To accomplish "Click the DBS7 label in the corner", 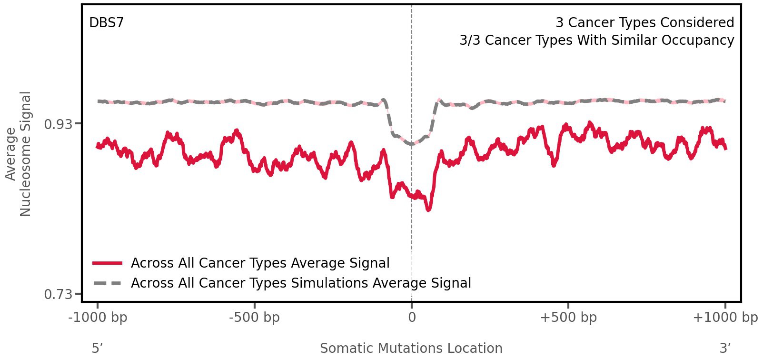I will (106, 23).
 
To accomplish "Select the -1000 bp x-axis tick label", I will (98, 318).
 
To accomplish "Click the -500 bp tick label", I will (254, 318).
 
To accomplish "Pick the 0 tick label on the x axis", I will (412, 318).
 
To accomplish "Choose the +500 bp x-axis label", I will (568, 318).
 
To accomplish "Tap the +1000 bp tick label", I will (725, 318).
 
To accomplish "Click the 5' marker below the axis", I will (97, 348).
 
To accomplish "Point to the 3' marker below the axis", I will (725, 348).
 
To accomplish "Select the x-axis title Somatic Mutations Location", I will (411, 349).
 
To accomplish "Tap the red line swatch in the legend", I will (108, 263).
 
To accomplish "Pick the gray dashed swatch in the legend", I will (108, 283).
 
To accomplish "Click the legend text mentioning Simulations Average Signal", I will (301, 283).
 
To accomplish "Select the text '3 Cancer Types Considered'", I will (644, 23).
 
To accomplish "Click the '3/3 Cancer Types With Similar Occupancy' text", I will (596, 40).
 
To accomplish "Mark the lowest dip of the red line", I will (429, 209).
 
